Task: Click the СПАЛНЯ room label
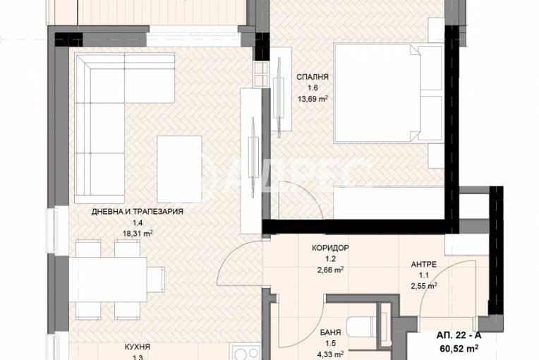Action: click(x=313, y=78)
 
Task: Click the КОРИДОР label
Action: click(x=329, y=248)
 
